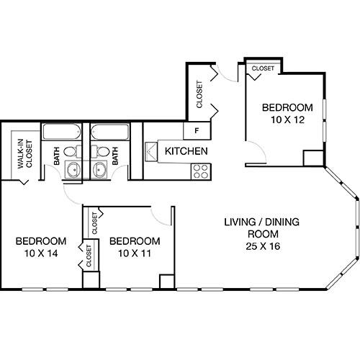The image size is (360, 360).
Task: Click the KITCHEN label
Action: pos(186,152)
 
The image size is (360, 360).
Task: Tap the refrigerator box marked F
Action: pos(196,131)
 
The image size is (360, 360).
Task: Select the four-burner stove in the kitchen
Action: pos(200,171)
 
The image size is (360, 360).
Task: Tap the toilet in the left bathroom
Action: pos(70,152)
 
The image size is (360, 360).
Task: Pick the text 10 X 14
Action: pos(41,253)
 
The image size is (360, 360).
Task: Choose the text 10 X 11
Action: pos(135,253)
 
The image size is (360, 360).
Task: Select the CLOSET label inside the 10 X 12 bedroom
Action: pos(262,68)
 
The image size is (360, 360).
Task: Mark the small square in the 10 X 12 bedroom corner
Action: pos(312,158)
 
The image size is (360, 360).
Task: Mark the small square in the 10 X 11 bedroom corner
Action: pos(166,281)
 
